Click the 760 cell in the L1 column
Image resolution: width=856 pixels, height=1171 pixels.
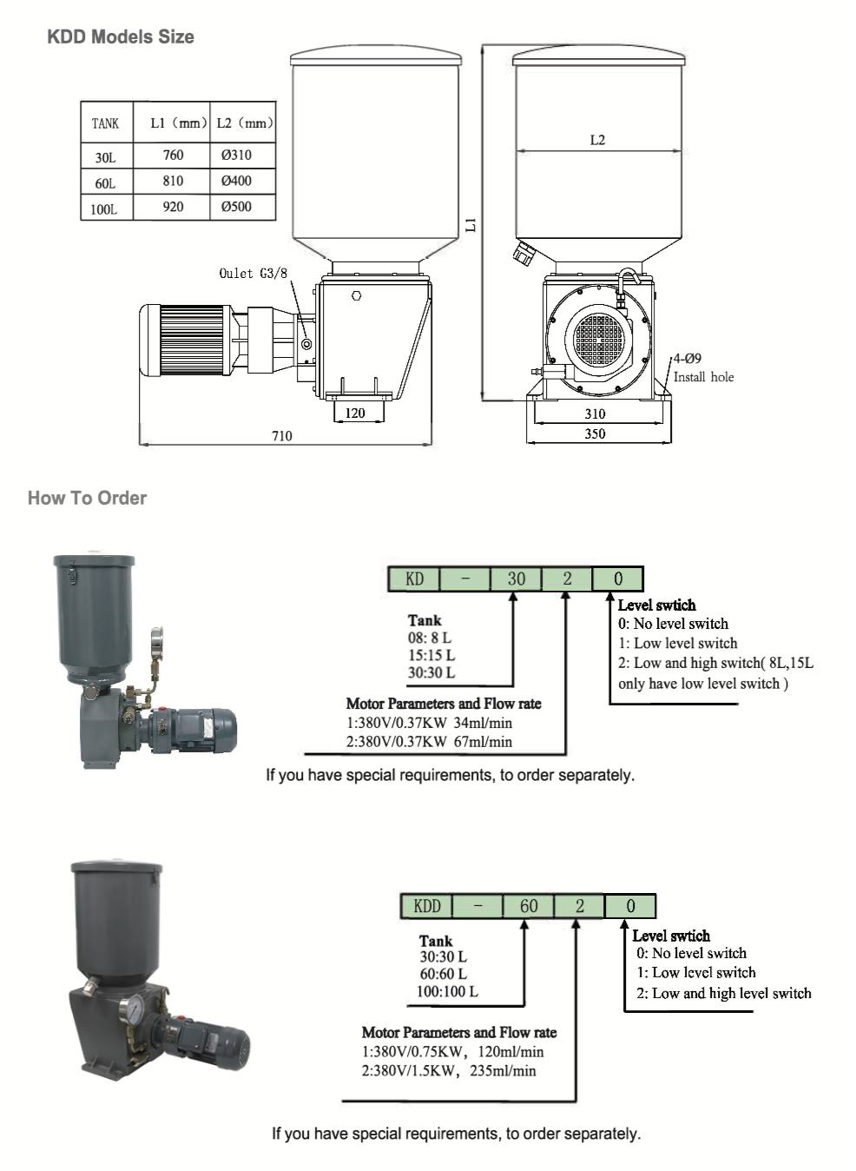(x=173, y=155)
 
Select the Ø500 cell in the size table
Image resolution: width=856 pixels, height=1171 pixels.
(x=237, y=207)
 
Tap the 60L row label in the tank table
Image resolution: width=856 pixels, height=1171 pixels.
(x=106, y=183)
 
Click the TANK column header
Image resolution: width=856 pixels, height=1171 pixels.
(x=106, y=123)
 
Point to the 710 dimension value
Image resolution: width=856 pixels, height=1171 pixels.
(x=281, y=436)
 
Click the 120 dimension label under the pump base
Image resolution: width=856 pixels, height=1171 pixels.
(x=355, y=413)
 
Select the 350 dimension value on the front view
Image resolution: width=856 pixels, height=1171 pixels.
(x=595, y=433)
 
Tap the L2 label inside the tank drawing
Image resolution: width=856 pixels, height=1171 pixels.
(x=597, y=140)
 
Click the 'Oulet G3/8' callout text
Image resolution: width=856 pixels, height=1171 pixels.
(x=253, y=274)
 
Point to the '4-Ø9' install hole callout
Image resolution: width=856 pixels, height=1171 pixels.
(x=688, y=359)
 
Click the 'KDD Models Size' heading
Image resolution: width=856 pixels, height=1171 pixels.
(x=121, y=37)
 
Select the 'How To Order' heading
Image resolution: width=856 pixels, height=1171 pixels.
(x=88, y=499)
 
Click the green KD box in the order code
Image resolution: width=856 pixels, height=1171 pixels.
(x=414, y=579)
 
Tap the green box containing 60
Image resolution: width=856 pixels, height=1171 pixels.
(x=529, y=906)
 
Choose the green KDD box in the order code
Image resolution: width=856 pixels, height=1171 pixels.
(x=426, y=906)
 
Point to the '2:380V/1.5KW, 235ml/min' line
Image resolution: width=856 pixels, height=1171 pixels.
(x=449, y=1070)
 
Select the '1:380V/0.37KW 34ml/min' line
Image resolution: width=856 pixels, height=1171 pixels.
(x=430, y=723)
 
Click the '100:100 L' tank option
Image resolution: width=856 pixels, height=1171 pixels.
(x=447, y=991)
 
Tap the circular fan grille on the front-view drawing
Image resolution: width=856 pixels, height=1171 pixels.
(x=599, y=334)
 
